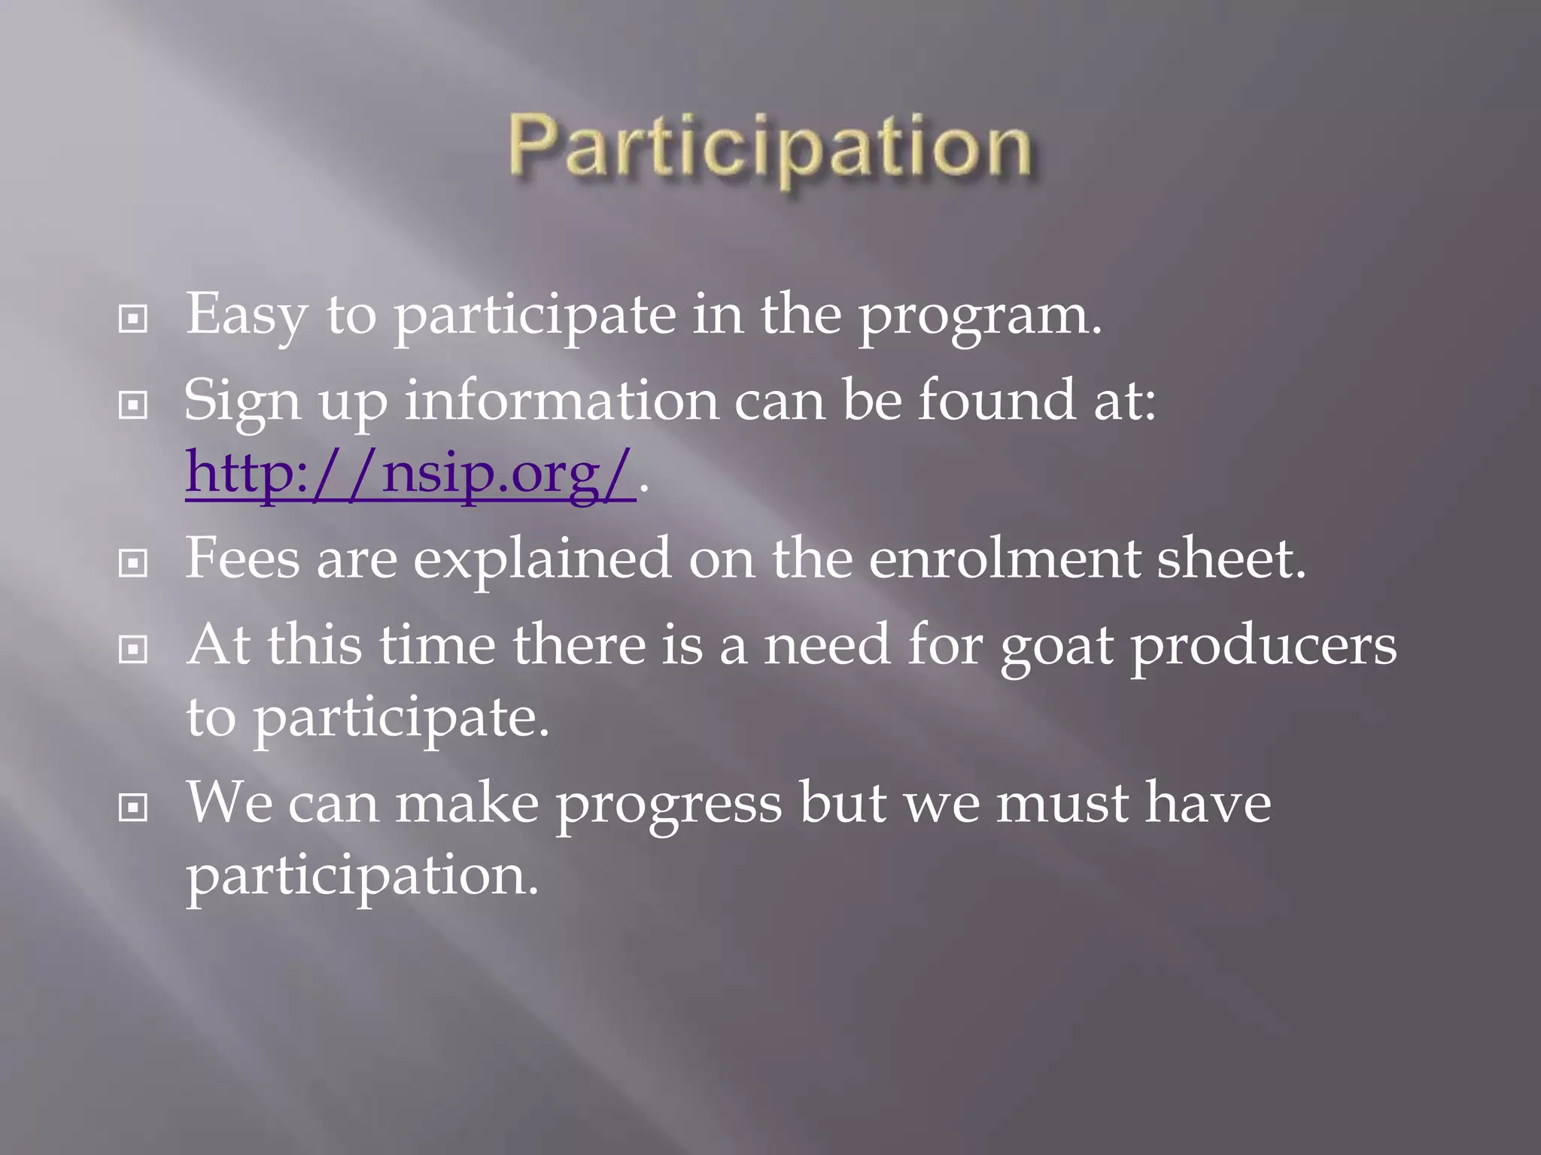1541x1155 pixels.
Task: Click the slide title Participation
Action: pos(770,147)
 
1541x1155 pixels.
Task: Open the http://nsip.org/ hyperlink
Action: pos(410,474)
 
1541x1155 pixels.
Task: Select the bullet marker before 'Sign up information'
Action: pos(133,406)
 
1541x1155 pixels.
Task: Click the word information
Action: pos(561,401)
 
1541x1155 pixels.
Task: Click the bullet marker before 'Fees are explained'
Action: pos(133,562)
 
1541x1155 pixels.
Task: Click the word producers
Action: pos(1264,647)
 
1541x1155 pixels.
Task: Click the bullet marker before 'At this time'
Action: pos(133,649)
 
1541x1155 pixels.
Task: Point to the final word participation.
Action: pos(362,878)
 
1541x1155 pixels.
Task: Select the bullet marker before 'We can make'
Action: pos(133,808)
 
